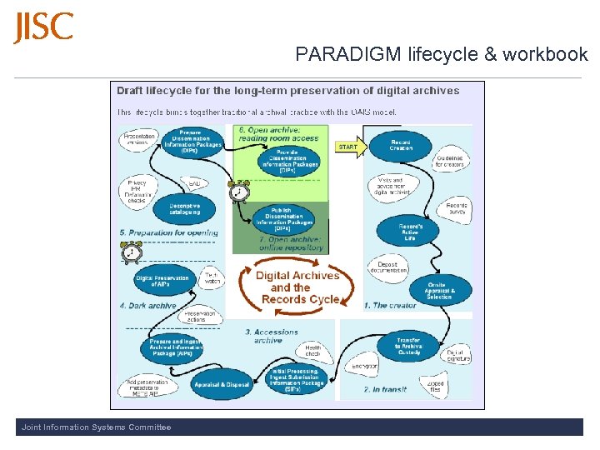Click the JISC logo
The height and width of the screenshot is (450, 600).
(43, 27)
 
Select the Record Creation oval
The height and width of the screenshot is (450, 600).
(401, 147)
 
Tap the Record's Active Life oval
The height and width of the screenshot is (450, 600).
(408, 231)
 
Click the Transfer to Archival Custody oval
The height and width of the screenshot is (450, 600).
(407, 346)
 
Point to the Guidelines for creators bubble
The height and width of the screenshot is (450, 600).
(453, 161)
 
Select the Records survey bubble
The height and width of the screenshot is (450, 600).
(457, 208)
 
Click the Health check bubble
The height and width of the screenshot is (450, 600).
(313, 351)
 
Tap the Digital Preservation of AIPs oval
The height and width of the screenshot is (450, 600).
(163, 281)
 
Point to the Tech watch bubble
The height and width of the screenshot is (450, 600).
(212, 279)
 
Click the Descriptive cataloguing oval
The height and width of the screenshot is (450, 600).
(184, 209)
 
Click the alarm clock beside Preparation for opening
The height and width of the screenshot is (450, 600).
(131, 252)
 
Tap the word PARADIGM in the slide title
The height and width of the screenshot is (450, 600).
(348, 55)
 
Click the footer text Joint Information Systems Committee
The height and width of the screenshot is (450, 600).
(97, 427)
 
